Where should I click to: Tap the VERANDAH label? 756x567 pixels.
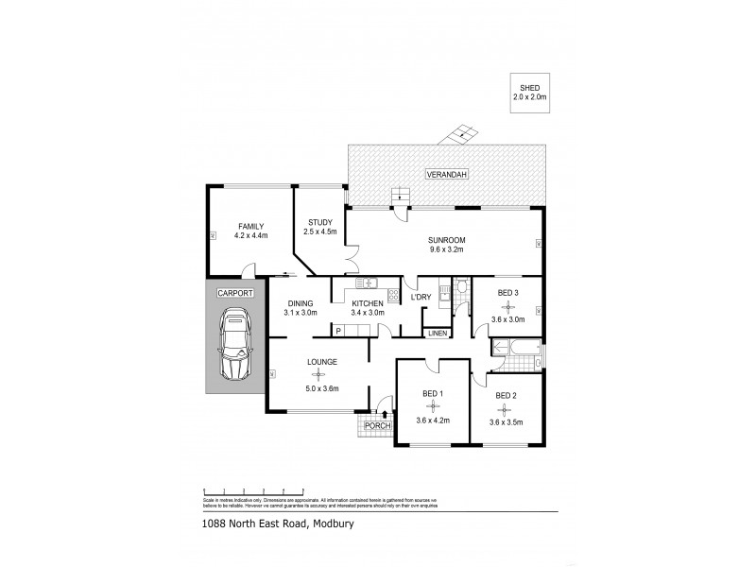click(x=442, y=176)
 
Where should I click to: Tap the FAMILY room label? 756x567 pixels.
click(x=250, y=226)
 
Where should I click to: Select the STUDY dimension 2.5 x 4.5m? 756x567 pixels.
click(x=319, y=232)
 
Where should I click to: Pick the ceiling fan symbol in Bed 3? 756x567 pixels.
click(x=508, y=307)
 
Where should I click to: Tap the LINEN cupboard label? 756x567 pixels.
click(x=437, y=334)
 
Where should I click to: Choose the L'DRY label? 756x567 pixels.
click(x=421, y=298)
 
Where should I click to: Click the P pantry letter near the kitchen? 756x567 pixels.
click(x=338, y=330)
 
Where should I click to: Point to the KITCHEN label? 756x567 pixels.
click(x=367, y=302)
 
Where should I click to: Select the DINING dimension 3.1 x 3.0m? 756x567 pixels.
click(x=301, y=313)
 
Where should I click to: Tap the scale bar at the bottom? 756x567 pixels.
click(x=252, y=491)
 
